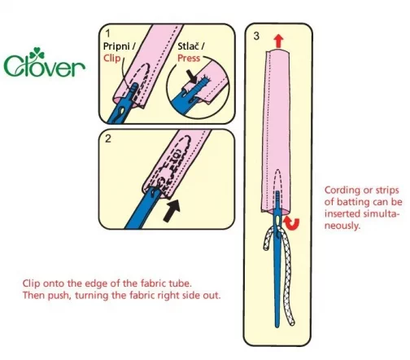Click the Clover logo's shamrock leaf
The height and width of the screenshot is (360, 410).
point(37,53)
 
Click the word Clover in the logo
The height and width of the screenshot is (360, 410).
point(44,65)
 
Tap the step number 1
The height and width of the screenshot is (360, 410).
point(108,33)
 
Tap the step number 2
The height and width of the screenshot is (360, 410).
point(108,138)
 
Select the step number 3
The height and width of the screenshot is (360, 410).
point(256,36)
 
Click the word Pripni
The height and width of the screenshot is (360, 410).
point(116,46)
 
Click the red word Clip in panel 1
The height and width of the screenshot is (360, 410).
point(111,58)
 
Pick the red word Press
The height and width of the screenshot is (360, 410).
point(189,58)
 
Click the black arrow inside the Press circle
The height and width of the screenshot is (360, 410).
point(192,77)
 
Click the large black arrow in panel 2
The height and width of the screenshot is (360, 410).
point(172,210)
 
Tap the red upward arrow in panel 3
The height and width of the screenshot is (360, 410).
point(278,41)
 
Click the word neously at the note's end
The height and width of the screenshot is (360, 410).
point(342,226)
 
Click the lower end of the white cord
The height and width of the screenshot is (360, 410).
point(292,323)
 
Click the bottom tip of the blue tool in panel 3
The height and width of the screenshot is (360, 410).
point(277,327)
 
